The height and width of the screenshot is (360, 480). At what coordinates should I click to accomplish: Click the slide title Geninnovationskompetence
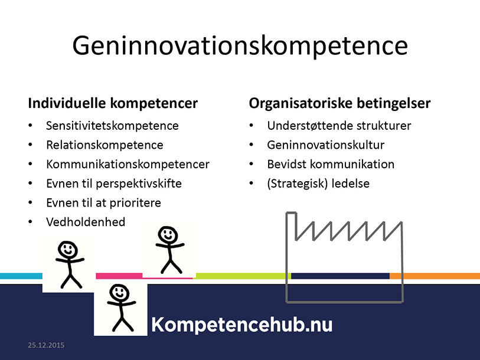pyautogui.click(x=240, y=46)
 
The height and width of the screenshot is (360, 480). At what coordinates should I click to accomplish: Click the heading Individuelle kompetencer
pyautogui.click(x=113, y=103)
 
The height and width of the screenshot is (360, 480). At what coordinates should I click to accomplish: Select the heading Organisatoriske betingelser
pyautogui.click(x=339, y=103)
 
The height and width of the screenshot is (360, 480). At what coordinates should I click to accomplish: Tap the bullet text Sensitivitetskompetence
pyautogui.click(x=112, y=126)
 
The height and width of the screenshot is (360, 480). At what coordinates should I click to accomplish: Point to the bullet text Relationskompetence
pyautogui.click(x=105, y=145)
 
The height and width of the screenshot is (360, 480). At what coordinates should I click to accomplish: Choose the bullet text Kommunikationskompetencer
pyautogui.click(x=128, y=164)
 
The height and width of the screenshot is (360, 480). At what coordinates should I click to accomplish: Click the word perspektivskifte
pyautogui.click(x=139, y=184)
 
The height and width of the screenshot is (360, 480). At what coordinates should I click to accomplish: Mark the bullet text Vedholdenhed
pyautogui.click(x=86, y=222)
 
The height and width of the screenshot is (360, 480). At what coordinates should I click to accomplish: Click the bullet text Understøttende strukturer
pyautogui.click(x=339, y=126)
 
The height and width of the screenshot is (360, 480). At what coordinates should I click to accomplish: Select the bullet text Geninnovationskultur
pyautogui.click(x=326, y=145)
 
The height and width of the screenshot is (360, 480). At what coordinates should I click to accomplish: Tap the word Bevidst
pyautogui.click(x=286, y=164)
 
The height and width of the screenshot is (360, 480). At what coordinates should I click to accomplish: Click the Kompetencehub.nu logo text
pyautogui.click(x=242, y=325)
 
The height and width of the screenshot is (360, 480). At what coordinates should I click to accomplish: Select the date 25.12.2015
pyautogui.click(x=46, y=345)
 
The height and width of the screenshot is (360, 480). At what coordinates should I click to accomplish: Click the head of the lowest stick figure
pyautogui.click(x=119, y=292)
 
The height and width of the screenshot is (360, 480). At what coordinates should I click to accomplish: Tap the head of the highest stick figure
pyautogui.click(x=168, y=235)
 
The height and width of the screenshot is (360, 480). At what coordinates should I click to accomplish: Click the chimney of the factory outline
pyautogui.click(x=292, y=226)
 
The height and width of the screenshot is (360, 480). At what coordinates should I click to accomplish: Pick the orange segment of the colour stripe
pyautogui.click(x=435, y=276)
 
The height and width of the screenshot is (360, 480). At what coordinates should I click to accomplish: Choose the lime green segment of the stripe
pyautogui.click(x=242, y=276)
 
